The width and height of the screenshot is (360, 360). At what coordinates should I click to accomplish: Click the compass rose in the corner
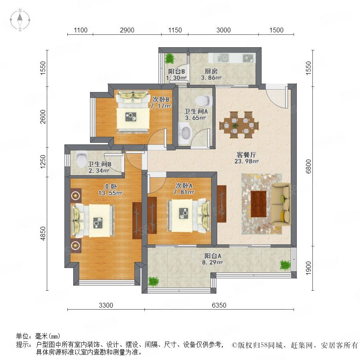point(20,20)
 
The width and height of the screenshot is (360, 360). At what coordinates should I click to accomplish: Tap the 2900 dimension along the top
point(127,30)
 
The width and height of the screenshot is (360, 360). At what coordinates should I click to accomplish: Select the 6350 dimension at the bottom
point(219,305)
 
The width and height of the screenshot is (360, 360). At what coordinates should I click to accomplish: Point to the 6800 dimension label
point(308,166)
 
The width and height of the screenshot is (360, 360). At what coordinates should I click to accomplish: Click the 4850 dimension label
point(43,234)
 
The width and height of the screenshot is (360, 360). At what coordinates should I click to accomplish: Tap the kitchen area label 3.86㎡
point(211,78)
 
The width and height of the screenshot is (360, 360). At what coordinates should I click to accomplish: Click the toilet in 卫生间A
point(204,100)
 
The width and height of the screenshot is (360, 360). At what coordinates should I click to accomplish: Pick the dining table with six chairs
point(239,125)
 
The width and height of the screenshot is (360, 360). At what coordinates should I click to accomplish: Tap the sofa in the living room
point(281,205)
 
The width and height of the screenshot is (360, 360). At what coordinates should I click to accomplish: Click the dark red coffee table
point(258,204)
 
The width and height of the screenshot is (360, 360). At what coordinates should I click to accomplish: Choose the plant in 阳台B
point(170,58)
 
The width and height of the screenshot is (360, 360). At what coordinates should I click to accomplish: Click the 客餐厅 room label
point(246,154)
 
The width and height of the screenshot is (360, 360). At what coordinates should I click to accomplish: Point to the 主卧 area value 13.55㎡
point(110,193)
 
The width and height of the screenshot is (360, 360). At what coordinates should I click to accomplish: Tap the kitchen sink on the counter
point(223,58)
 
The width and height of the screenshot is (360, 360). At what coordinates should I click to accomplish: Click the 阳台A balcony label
point(213,256)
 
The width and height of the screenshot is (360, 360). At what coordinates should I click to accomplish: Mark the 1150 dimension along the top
point(175,30)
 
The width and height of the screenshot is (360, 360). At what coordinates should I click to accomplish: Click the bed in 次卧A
point(189,216)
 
